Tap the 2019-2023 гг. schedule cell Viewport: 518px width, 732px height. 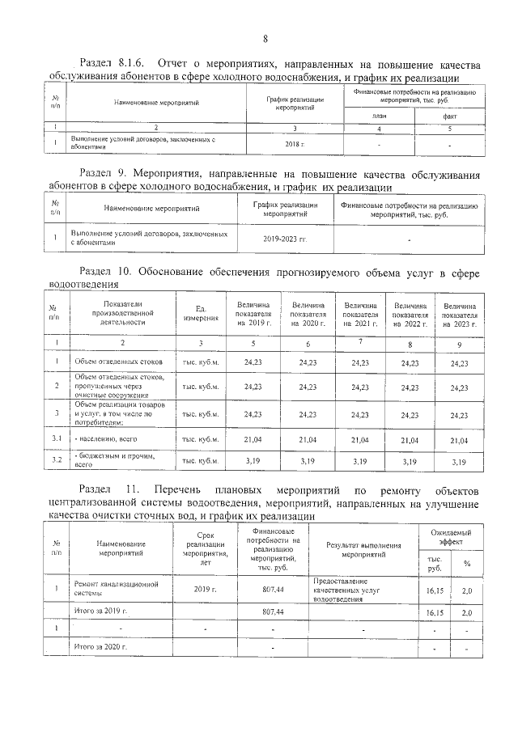pyautogui.click(x=286, y=239)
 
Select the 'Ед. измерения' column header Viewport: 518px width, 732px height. pyautogui.click(x=201, y=314)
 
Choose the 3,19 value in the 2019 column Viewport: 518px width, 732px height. pyautogui.click(x=253, y=461)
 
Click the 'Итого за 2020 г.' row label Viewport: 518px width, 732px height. pyautogui.click(x=101, y=648)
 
